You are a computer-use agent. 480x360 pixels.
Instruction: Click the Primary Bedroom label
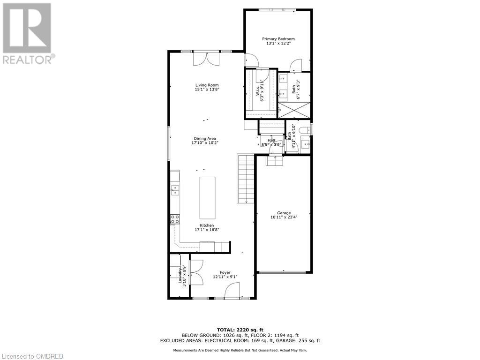coord(278,39)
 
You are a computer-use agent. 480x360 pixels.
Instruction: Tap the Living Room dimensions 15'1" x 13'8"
coord(207,90)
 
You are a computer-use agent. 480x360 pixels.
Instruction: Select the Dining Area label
coord(207,138)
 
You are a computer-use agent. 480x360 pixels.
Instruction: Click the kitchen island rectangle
coord(207,197)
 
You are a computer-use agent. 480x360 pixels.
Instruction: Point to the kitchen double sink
coord(175,190)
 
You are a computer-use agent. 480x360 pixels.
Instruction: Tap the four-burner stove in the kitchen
coord(175,219)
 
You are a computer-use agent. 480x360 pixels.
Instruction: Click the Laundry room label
coord(180,275)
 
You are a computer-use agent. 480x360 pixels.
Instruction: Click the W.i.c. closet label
coord(258,92)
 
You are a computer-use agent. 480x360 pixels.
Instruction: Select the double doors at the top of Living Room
coord(207,59)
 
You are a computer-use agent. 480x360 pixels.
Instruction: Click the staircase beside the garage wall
coord(246,179)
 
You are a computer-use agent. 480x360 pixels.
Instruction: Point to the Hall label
coord(271,140)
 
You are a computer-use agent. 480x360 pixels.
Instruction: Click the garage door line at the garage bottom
coord(283,271)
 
